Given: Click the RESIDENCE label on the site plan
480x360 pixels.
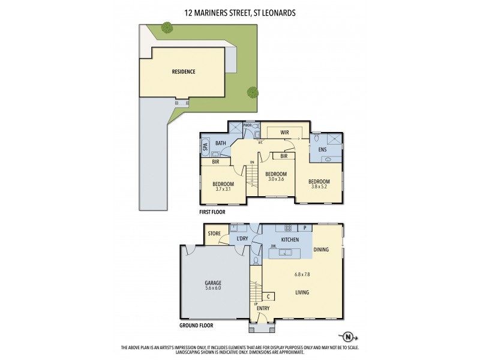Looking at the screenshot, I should [x=184, y=71].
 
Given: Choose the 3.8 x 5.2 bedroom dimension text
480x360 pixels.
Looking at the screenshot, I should [x=319, y=186].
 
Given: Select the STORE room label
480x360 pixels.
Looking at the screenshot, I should [x=215, y=233].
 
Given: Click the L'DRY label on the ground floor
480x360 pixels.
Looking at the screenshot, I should [x=242, y=239].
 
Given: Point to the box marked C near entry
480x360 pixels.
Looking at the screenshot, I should [x=268, y=296].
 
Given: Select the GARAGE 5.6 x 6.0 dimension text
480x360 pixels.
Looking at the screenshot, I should [x=212, y=287].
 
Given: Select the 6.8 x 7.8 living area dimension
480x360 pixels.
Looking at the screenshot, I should [x=302, y=275].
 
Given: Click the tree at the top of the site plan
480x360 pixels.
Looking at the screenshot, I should [x=167, y=27].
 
